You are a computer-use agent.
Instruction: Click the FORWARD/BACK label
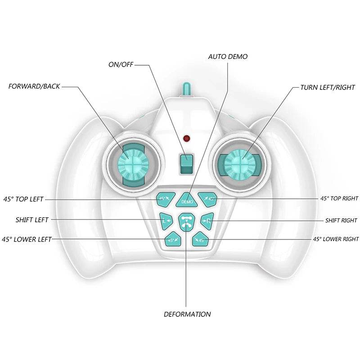coord(34,85)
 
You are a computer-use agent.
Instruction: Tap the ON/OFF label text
coord(121,64)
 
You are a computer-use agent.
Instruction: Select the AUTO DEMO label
coord(228,57)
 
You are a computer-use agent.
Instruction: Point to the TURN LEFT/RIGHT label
coord(328,87)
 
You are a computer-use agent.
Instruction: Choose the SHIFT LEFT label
coord(32,220)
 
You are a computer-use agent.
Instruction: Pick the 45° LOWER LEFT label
coord(27,239)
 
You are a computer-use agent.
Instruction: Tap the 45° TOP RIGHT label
coord(339,198)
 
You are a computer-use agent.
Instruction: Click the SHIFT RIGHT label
coord(341,220)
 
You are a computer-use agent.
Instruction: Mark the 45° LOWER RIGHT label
coord(336,239)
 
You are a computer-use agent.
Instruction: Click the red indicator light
coord(186,138)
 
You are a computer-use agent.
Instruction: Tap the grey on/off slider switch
coord(186,164)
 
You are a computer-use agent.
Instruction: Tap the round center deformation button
coord(186,221)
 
